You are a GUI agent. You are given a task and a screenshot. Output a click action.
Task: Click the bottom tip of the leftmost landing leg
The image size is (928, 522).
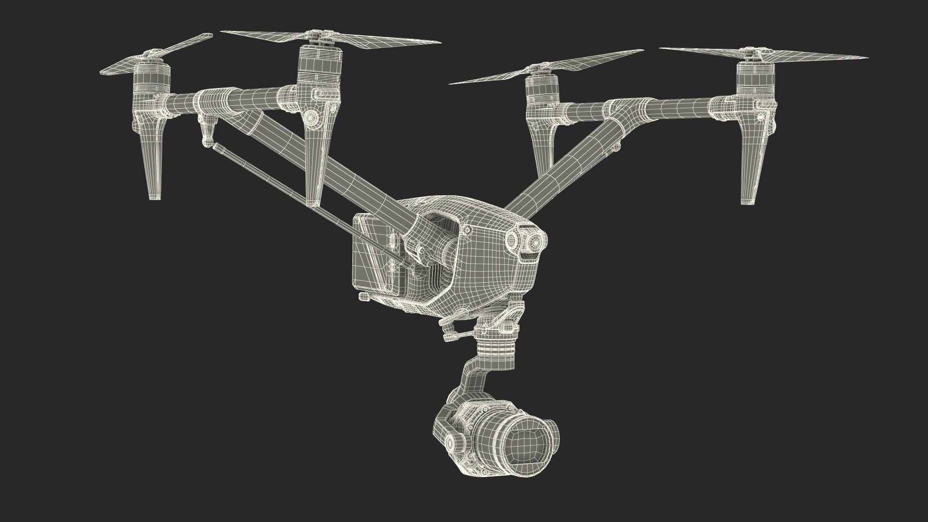click(154, 196)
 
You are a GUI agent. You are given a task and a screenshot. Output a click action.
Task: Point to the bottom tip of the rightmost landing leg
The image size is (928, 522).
click(748, 201)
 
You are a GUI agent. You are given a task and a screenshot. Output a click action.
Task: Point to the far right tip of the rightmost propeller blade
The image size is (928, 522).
click(867, 58)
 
